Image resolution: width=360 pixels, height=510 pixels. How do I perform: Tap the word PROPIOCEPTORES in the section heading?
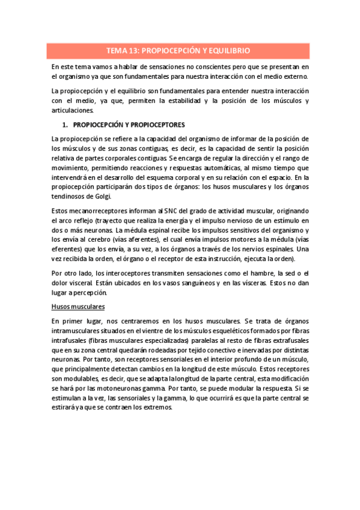[149, 126]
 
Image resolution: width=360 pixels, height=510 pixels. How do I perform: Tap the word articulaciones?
[73, 111]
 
